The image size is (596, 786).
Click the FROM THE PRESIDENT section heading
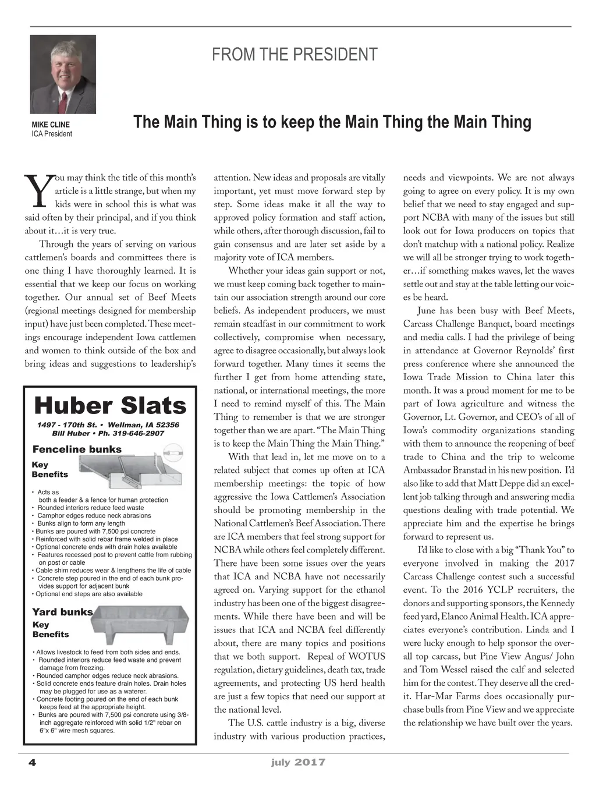[295, 55]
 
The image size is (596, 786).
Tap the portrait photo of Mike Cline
[63, 74]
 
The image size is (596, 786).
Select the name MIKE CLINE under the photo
[51, 125]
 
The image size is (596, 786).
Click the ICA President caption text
[52, 134]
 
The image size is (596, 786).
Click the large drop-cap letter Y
[37, 191]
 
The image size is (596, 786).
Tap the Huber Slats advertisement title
[110, 405]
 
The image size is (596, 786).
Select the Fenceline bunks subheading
[77, 449]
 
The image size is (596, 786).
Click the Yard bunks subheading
[62, 612]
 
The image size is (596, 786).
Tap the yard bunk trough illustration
[140, 624]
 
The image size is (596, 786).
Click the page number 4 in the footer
[33, 763]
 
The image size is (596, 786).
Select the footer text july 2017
[298, 762]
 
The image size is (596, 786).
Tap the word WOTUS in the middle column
[367, 657]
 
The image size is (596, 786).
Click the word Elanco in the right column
[458, 617]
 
